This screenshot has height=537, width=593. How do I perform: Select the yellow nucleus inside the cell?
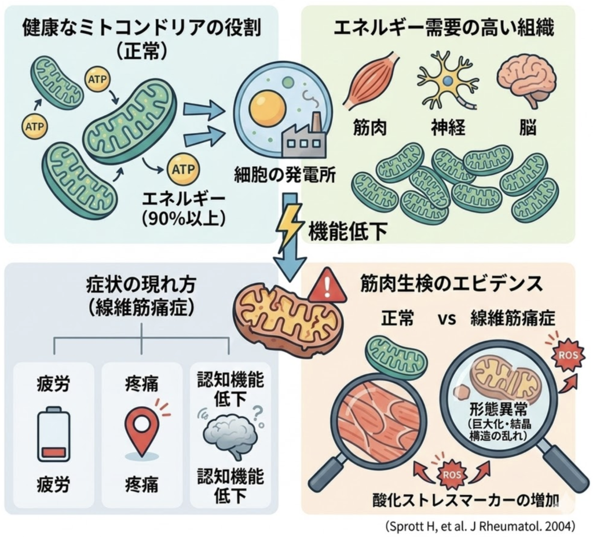(267, 107)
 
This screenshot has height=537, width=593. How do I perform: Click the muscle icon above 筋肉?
(371, 81)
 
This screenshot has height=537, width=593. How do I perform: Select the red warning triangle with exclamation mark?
(327, 285)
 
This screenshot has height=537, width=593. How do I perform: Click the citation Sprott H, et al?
(480, 525)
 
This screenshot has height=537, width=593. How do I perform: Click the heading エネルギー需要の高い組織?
(444, 27)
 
